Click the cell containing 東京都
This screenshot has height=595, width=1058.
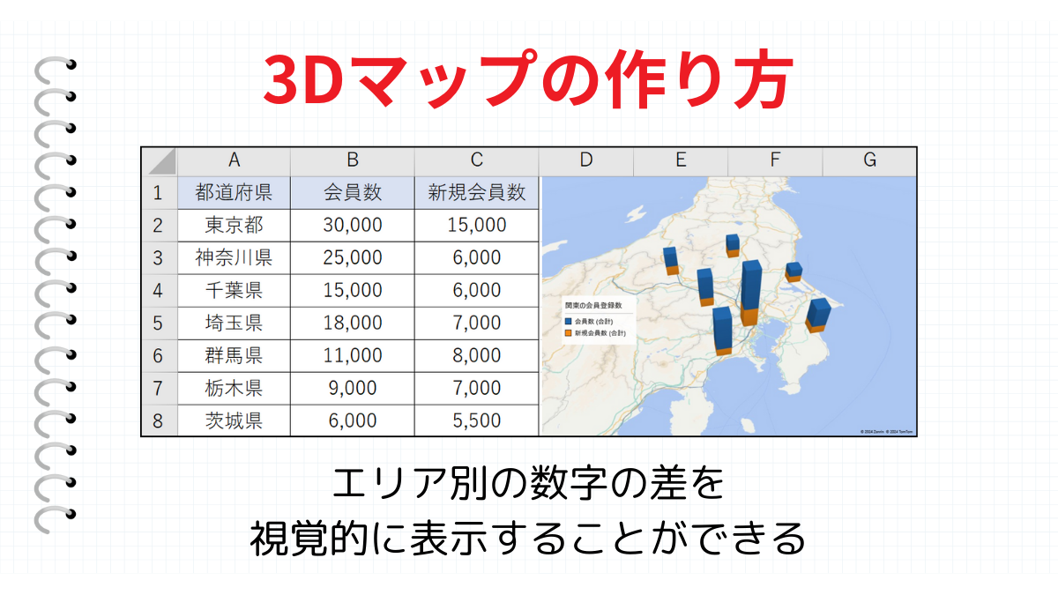(x=234, y=225)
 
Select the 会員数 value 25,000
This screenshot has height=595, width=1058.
(x=353, y=257)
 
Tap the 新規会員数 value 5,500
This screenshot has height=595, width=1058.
(x=476, y=420)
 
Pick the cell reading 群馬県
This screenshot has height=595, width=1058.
(x=234, y=355)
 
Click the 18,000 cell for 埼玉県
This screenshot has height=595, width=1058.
(x=353, y=323)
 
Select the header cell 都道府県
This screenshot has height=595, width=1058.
(x=234, y=192)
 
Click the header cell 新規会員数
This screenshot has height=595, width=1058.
(x=476, y=192)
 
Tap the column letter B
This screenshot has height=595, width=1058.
(x=353, y=160)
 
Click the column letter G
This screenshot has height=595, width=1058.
(x=869, y=160)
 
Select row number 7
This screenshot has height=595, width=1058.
(x=159, y=388)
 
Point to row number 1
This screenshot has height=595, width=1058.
(x=159, y=192)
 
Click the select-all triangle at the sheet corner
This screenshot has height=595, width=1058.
(x=160, y=160)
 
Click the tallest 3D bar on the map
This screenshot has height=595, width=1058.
(x=751, y=291)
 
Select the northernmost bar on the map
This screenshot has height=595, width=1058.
(x=733, y=244)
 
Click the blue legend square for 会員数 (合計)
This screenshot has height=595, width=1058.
(x=569, y=322)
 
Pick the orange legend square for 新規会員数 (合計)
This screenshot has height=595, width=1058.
(x=569, y=334)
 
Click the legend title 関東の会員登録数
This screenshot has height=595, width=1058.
(x=593, y=305)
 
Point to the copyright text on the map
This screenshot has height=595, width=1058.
(x=887, y=432)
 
